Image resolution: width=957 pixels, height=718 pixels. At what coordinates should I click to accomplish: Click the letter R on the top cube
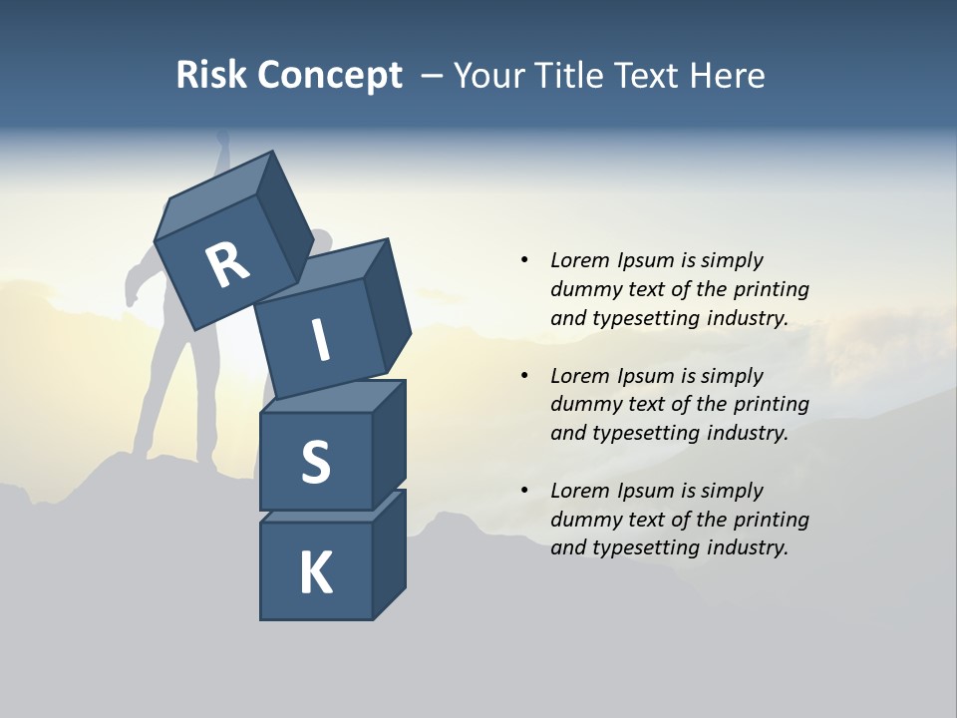tap(227, 264)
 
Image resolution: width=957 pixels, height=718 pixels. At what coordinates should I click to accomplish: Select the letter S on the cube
tap(315, 462)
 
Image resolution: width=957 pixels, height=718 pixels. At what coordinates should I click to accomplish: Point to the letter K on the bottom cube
tap(316, 573)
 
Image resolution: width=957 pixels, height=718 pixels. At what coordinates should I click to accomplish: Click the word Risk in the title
tap(211, 75)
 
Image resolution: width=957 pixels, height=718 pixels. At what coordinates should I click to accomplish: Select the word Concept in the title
tap(330, 75)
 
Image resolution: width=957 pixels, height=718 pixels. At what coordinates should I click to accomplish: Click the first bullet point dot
tap(524, 260)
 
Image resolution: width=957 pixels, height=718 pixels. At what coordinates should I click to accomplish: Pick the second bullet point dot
tap(524, 376)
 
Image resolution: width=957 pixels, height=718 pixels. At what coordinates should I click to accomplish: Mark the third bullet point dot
tap(524, 491)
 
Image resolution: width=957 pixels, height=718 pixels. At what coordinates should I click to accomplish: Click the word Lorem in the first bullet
tap(579, 260)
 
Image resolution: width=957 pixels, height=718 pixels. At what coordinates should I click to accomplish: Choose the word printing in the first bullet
tap(772, 289)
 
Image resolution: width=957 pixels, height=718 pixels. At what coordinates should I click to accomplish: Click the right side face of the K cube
tap(390, 554)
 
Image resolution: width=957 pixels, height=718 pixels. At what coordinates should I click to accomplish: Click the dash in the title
tap(433, 76)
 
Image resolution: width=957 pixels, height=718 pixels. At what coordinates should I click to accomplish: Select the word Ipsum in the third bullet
tap(646, 491)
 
